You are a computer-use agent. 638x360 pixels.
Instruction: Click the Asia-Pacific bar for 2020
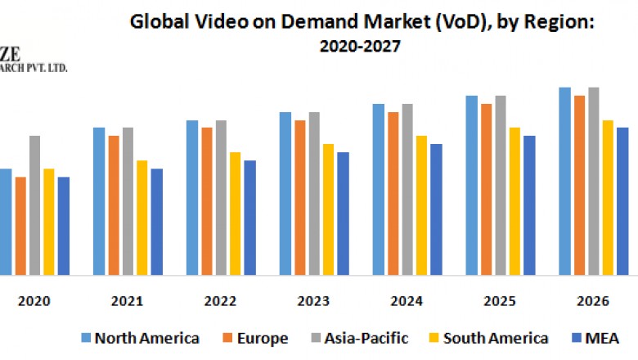tap(34, 205)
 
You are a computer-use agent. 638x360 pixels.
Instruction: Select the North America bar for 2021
tap(99, 200)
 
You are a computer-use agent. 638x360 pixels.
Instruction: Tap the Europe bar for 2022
tap(207, 200)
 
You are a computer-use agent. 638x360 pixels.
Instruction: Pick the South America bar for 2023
tap(328, 209)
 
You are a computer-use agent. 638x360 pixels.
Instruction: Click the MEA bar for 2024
tap(436, 209)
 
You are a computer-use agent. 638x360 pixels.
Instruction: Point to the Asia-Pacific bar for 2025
tap(500, 185)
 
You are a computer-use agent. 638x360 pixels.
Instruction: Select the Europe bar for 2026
tap(579, 185)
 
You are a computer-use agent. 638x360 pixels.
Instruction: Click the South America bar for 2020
tap(49, 221)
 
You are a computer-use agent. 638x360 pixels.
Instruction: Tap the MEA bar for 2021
tap(157, 221)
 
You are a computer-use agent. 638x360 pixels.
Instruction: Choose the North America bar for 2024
tap(379, 189)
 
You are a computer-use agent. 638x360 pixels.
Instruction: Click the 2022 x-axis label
tap(220, 300)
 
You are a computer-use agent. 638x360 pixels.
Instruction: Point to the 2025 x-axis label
tap(500, 300)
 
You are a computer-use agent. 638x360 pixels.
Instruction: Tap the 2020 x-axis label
tap(34, 300)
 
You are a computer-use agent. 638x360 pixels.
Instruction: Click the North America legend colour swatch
tap(84, 338)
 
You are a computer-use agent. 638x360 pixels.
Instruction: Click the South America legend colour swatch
tap(457, 338)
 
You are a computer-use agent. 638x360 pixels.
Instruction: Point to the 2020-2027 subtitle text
tap(362, 47)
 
